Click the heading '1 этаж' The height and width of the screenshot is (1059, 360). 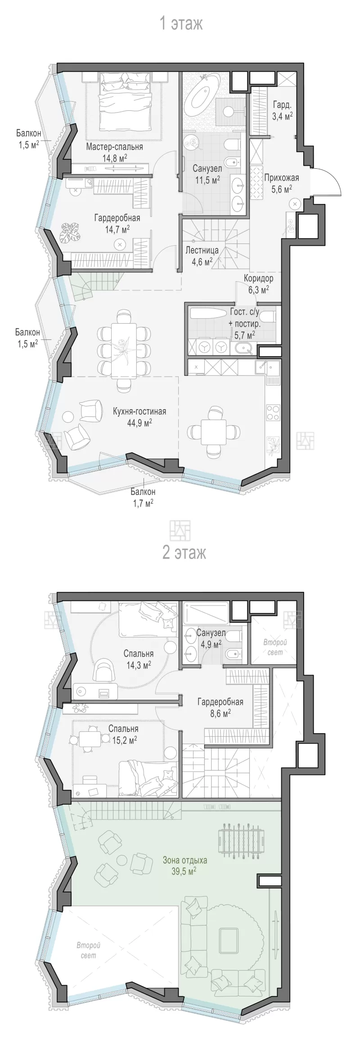[x=181, y=23]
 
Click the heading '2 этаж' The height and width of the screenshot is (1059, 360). [x=184, y=552]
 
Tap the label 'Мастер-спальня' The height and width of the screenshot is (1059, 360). [x=115, y=147]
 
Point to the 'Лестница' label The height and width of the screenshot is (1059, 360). [x=202, y=250]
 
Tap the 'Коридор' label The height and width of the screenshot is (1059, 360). [x=259, y=278]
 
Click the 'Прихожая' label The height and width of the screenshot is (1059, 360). [x=281, y=177]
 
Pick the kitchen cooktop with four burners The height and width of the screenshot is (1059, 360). [x=273, y=412]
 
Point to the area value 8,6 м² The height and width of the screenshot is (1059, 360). [x=220, y=712]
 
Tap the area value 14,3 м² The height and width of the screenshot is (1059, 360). [x=139, y=664]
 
